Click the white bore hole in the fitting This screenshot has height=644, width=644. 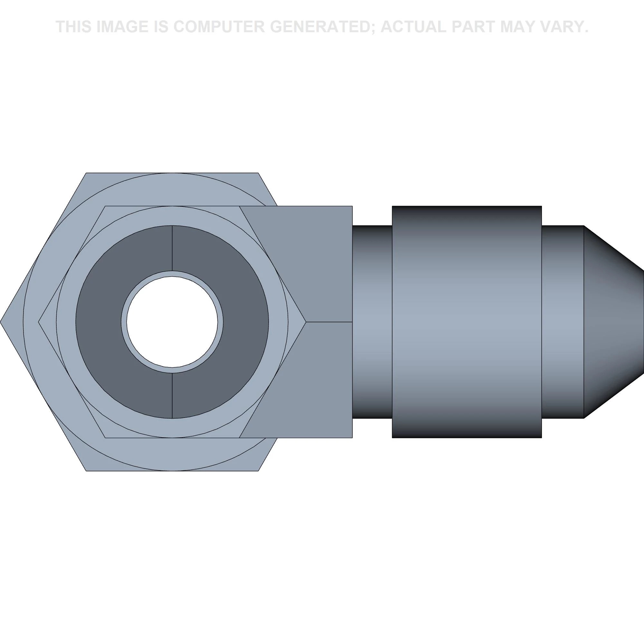[172, 322]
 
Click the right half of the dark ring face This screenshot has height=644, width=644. [245, 322]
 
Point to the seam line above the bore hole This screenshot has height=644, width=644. [172, 248]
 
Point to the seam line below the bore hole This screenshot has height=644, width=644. [172, 396]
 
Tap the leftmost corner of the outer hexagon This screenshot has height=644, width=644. [0, 322]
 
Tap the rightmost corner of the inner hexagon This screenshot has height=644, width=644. [306, 322]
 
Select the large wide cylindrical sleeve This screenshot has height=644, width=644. [467, 322]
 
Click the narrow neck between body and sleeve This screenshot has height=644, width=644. [372, 322]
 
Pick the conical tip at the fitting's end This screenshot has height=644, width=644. [613, 322]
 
